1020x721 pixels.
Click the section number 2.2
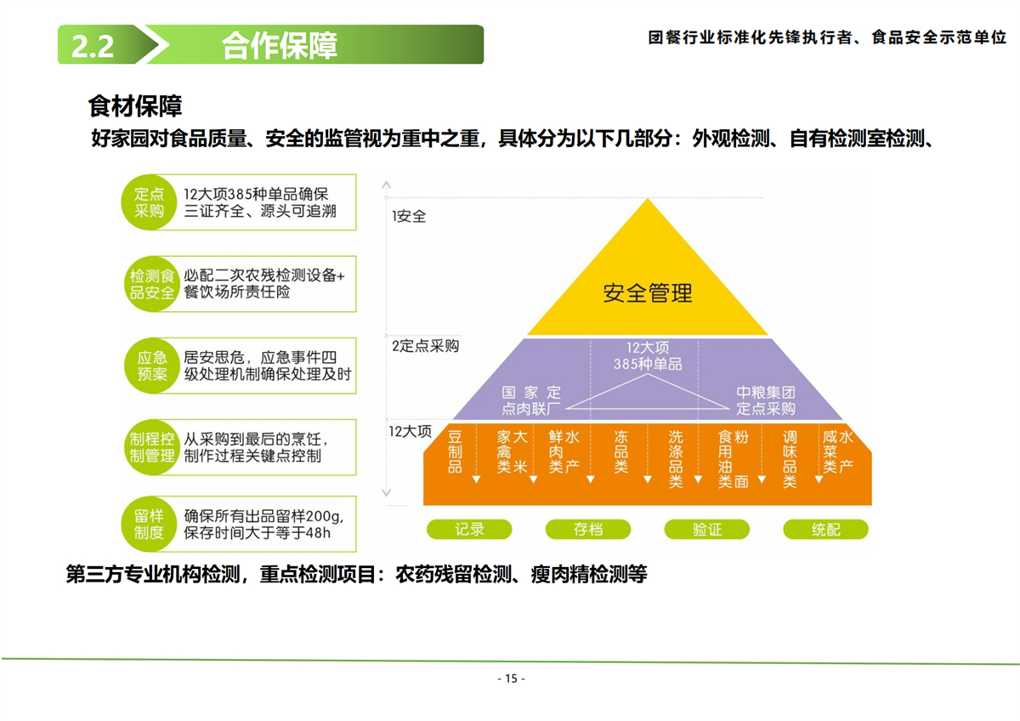coord(93,46)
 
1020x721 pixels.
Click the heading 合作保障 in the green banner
coord(280,46)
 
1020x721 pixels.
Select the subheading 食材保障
coord(135,106)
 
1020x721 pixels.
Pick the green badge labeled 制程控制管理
coord(151,446)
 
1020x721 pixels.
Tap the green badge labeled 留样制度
coord(149,525)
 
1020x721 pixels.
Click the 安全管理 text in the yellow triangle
coord(648,293)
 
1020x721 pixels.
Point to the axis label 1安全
coord(409,217)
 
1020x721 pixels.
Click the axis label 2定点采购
coord(425,346)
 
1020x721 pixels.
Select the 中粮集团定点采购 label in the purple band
coord(765,400)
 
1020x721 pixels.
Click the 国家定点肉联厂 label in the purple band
coord(531,400)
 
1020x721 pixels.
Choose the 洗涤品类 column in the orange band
coord(676,459)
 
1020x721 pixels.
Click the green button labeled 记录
coord(469,530)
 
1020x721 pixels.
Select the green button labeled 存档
coord(587,530)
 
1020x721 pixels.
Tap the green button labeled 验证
coord(706,530)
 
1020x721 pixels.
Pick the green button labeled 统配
coord(825,530)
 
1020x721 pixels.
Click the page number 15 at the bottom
coord(511,678)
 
